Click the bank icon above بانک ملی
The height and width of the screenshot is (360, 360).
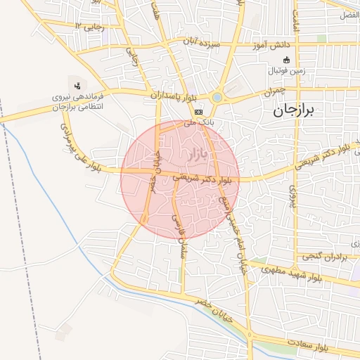[x=199, y=111]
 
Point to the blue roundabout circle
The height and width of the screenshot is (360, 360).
[x=218, y=97]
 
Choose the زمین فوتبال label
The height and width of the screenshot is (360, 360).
[x=287, y=72]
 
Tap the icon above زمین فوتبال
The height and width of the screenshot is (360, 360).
[x=286, y=59]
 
